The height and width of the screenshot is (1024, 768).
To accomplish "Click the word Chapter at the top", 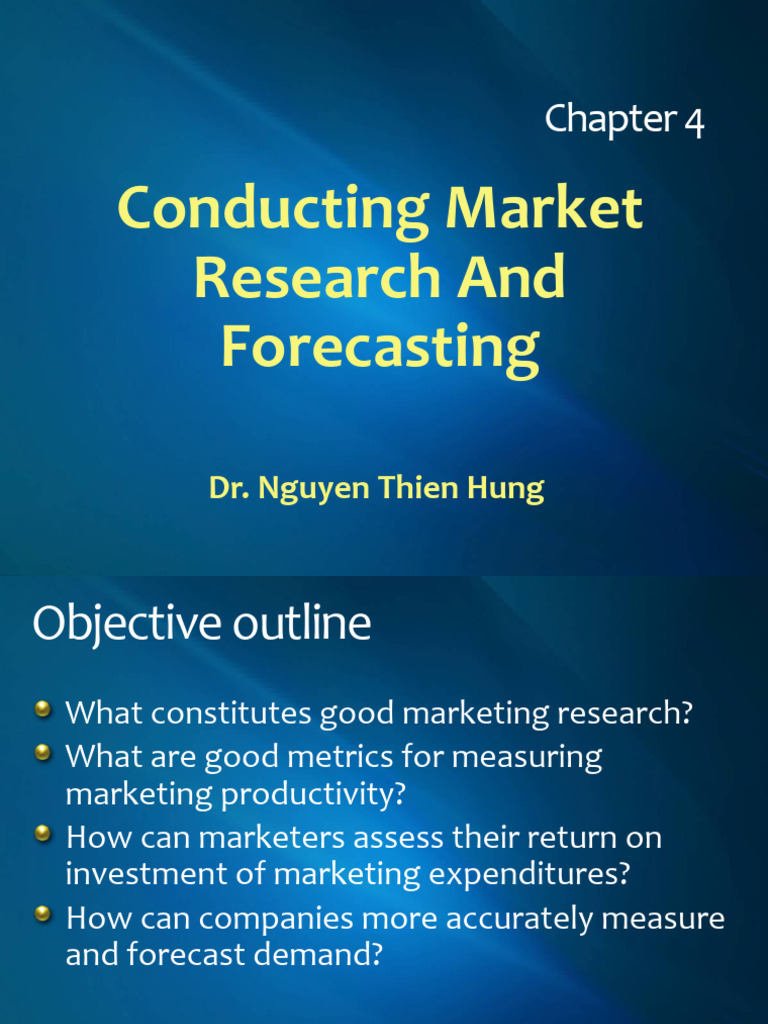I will coord(610,120).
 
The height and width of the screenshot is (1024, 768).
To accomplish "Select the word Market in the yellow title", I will coord(544,210).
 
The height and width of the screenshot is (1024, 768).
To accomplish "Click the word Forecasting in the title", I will coord(380,347).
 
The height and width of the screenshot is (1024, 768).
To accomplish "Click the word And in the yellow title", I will coord(511,278).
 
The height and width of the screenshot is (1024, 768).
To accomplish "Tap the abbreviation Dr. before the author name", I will coord(229,488).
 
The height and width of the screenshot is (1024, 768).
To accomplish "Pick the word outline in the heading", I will coord(302,624).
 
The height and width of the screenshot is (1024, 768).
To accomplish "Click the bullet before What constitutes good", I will coord(43,710).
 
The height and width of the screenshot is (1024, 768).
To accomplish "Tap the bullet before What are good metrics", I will coord(43,753).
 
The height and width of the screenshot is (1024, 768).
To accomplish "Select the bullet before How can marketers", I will coord(43,832).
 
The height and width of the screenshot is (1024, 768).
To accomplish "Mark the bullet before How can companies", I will coord(43,913).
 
